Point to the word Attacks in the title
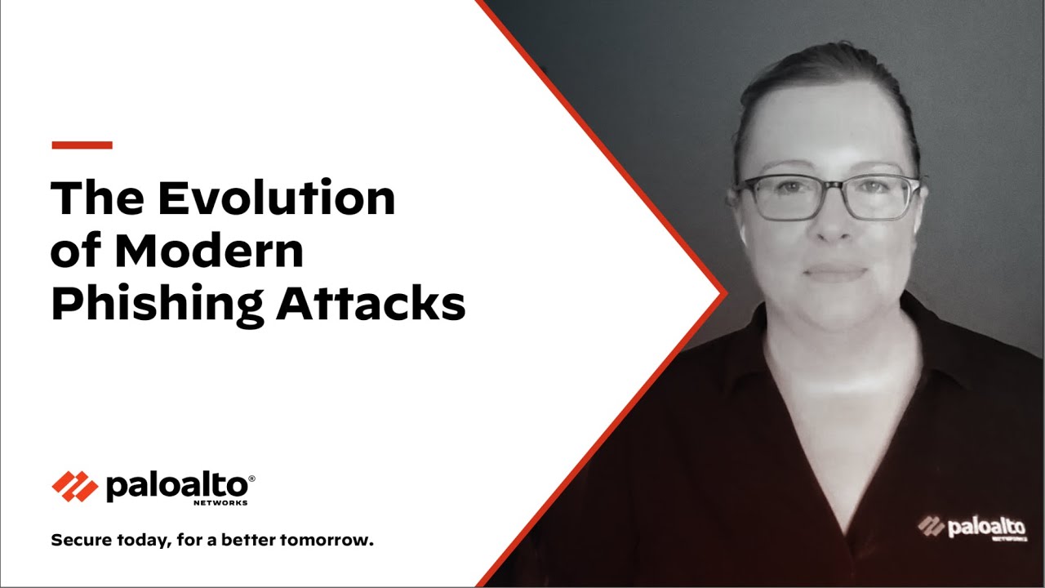click(x=371, y=304)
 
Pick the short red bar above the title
click(x=82, y=145)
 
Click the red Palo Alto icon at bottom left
click(x=74, y=487)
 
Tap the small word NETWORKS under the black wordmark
click(x=220, y=503)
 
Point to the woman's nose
click(x=831, y=225)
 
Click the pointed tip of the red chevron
click(x=724, y=292)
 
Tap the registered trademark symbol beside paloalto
click(x=251, y=478)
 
